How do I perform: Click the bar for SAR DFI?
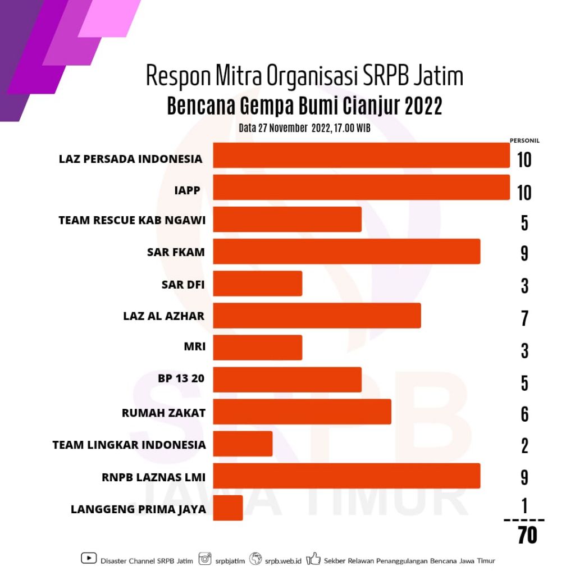click(258, 284)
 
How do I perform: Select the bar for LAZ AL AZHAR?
click(317, 316)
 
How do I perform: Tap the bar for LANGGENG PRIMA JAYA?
click(228, 508)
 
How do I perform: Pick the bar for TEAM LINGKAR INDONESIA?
click(243, 444)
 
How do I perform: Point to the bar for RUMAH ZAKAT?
click(302, 412)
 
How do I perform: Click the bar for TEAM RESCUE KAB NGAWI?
click(287, 220)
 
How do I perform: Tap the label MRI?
click(194, 347)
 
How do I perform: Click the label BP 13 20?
click(181, 378)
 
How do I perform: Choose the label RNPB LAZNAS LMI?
click(153, 478)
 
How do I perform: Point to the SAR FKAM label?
click(176, 253)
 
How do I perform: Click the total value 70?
click(527, 536)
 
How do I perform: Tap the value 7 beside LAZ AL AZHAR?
click(524, 318)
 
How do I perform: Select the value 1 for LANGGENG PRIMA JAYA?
click(524, 507)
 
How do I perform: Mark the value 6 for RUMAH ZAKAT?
click(524, 414)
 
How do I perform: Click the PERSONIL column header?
click(524, 141)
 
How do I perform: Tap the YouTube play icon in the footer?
click(89, 558)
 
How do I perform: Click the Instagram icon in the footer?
click(206, 558)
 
